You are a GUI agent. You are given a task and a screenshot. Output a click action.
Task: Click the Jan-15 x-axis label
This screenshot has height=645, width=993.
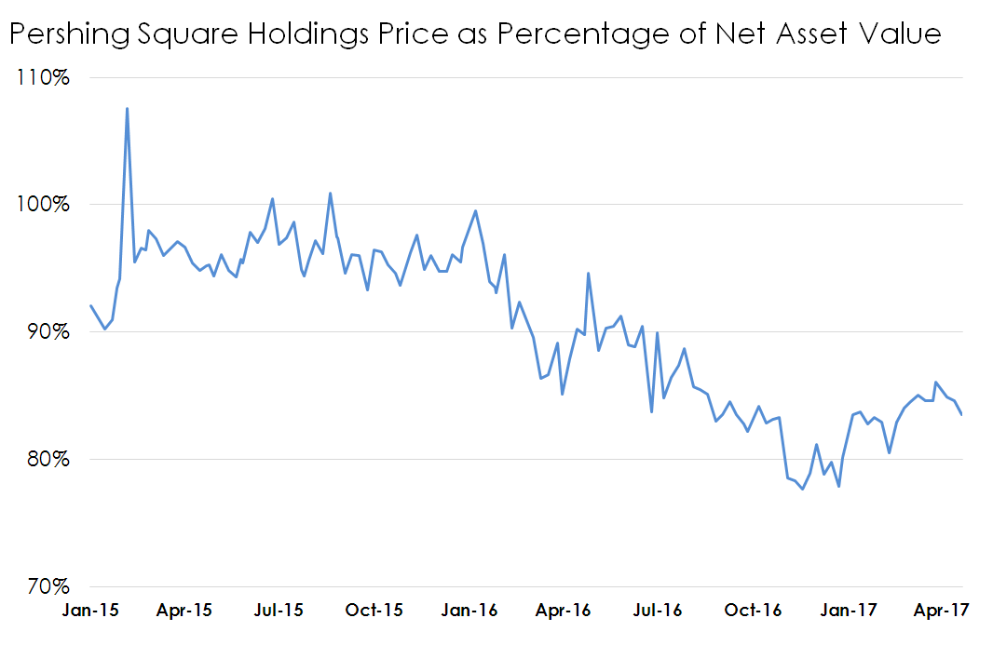tap(90, 611)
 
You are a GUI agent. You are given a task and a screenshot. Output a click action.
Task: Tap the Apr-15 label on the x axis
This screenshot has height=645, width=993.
tap(184, 611)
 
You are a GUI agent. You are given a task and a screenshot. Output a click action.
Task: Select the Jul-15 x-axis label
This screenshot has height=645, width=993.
tap(279, 611)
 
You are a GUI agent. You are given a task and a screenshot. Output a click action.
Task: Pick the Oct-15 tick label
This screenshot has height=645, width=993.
tap(374, 611)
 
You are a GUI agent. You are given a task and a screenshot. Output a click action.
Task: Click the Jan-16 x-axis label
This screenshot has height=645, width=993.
tap(469, 611)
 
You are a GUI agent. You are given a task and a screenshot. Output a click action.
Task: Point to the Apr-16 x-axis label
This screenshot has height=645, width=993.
tap(564, 611)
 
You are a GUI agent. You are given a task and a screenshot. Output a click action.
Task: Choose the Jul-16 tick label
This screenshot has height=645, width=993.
tap(658, 611)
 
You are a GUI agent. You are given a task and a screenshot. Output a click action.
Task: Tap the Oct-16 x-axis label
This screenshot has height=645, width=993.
tap(753, 611)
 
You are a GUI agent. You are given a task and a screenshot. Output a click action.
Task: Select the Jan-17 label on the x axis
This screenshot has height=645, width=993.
tap(848, 611)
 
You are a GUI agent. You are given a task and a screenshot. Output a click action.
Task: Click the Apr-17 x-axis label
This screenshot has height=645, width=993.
tap(942, 611)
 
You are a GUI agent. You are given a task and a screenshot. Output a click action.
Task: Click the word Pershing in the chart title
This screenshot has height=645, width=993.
tap(64, 34)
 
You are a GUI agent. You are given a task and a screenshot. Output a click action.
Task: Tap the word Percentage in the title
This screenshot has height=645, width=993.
tap(565, 34)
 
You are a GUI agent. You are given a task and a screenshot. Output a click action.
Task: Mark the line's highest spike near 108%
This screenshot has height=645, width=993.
tap(127, 109)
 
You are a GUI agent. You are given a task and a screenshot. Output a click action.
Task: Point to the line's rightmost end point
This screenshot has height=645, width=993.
tap(961, 414)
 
